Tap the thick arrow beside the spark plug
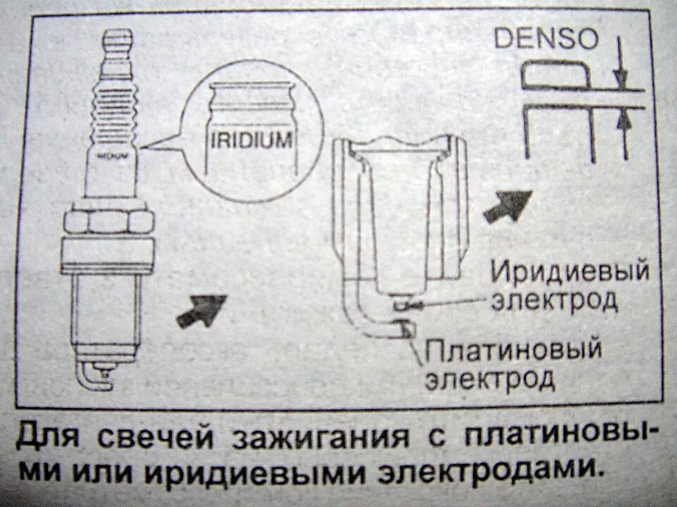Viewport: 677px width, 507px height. (200, 310)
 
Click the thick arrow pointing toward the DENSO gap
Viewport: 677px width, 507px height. (506, 205)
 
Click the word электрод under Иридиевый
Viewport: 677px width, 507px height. (555, 301)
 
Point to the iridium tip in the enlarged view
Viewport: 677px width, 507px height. (402, 306)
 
